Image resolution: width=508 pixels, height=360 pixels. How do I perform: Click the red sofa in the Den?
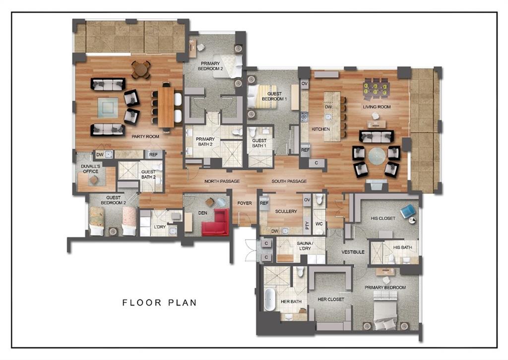click(215, 223)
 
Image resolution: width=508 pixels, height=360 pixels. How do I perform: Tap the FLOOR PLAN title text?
click(159, 302)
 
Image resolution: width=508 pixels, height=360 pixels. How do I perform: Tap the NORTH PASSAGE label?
click(222, 181)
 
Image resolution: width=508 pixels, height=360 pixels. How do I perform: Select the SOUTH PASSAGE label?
click(289, 181)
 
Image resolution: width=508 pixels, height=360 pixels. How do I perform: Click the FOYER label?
click(245, 203)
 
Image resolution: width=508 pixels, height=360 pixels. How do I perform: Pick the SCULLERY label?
click(286, 212)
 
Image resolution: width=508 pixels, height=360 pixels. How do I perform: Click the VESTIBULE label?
click(353, 252)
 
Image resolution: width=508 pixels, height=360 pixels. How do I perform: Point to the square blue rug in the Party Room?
click(108, 107)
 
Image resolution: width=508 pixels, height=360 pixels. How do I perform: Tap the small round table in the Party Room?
click(141, 69)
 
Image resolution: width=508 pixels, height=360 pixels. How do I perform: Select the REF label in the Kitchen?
click(305, 150)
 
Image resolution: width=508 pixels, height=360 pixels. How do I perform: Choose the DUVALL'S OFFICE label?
click(90, 169)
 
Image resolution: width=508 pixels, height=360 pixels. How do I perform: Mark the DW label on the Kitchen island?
click(328, 107)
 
